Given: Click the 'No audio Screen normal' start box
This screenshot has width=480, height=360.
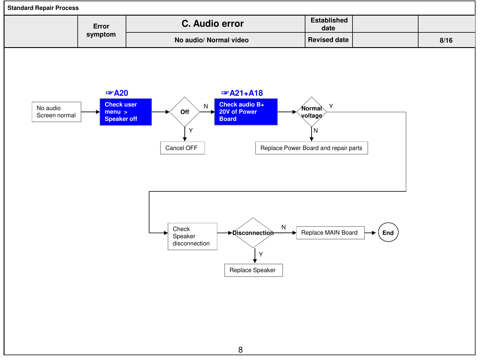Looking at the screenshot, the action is pyautogui.click(x=56, y=112).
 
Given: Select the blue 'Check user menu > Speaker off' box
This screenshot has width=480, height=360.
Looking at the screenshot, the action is pyautogui.click(x=126, y=112).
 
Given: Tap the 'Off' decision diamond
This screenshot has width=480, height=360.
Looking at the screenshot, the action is pyautogui.click(x=185, y=112).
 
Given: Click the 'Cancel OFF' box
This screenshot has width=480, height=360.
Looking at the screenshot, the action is pyautogui.click(x=183, y=148).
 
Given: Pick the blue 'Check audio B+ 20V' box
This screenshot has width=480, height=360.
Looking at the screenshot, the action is pyautogui.click(x=246, y=112).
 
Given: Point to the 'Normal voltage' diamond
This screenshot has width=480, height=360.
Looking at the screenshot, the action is pyautogui.click(x=312, y=112).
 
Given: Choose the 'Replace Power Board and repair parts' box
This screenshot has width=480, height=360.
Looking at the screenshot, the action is pyautogui.click(x=312, y=148).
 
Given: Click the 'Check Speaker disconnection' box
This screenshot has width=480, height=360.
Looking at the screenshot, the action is pyautogui.click(x=192, y=236).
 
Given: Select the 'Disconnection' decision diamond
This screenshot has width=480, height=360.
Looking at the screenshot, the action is pyautogui.click(x=253, y=233).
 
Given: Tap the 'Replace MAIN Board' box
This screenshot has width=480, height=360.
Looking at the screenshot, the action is pyautogui.click(x=330, y=233).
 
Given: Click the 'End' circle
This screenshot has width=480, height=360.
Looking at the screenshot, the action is pyautogui.click(x=388, y=232).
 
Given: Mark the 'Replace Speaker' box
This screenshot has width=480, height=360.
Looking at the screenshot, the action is pyautogui.click(x=254, y=270).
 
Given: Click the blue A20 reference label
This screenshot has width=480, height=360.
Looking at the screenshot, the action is pyautogui.click(x=117, y=93).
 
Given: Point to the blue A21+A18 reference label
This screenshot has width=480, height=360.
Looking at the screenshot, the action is pyautogui.click(x=242, y=93).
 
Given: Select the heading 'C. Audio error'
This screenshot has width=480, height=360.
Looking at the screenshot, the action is pyautogui.click(x=213, y=24).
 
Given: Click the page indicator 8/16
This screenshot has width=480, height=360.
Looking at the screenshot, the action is pyautogui.click(x=446, y=40).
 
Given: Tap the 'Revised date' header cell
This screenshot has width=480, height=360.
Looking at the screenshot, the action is pyautogui.click(x=328, y=40).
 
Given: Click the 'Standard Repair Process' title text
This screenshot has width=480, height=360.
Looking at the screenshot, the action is pyautogui.click(x=43, y=8).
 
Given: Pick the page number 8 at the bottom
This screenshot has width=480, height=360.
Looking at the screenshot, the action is pyautogui.click(x=241, y=350).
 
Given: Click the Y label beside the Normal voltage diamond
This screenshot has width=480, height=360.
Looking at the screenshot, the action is pyautogui.click(x=331, y=106).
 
